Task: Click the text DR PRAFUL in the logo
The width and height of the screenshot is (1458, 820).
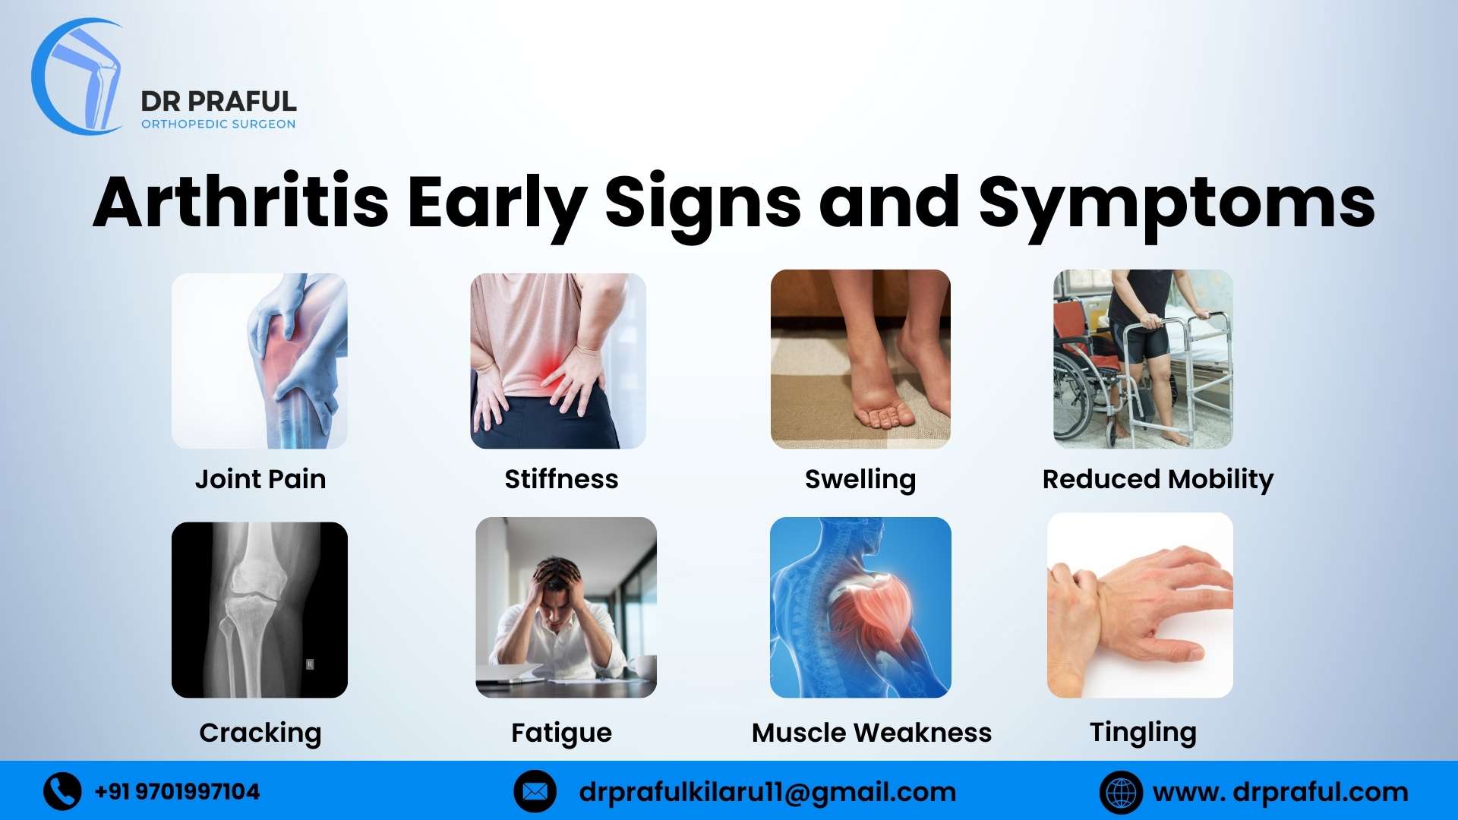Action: coord(219,101)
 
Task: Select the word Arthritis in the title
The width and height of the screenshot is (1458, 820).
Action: coord(241,203)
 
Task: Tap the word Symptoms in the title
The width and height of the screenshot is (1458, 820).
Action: coord(1176,203)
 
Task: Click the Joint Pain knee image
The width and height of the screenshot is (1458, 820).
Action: coord(260,361)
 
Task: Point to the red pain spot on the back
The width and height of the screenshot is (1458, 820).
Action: coord(548,368)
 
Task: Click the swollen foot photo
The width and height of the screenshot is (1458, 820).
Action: coord(860,359)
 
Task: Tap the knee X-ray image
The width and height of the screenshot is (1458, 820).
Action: coord(260,610)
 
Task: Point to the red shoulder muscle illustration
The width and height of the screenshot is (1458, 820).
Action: coord(873,607)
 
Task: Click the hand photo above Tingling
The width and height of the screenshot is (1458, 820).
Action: coord(1140,605)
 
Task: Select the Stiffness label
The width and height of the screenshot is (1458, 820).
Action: coord(561,479)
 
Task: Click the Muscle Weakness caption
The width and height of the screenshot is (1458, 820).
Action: coord(871,733)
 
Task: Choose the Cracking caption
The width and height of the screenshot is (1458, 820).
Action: coord(260,733)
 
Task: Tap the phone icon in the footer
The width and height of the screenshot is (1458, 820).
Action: coord(62,792)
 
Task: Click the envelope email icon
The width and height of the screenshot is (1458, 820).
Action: coord(535,792)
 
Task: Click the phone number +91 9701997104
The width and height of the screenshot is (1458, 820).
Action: coord(177,792)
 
